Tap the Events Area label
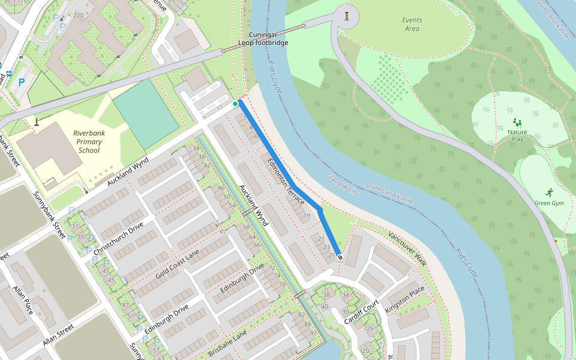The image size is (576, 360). (x=412, y=24)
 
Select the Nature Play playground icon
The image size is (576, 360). (x=517, y=122)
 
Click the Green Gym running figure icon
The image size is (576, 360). (x=549, y=193)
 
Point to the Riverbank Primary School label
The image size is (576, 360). (x=87, y=142)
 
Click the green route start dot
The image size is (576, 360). (x=236, y=104)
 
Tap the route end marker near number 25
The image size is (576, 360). (x=340, y=257)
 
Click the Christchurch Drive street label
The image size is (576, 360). (x=123, y=235)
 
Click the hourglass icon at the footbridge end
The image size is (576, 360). (x=347, y=16)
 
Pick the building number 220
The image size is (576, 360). (x=78, y=15)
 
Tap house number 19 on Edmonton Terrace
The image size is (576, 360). (x=307, y=215)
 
